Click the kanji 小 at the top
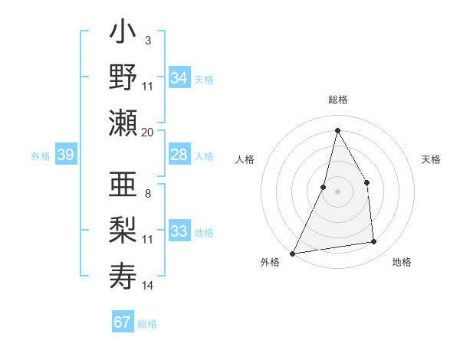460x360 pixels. click(123, 35)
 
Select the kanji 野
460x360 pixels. click(123, 79)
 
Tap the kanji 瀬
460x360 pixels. click(123, 123)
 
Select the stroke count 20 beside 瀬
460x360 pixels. click(147, 133)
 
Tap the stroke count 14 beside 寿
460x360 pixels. click(147, 286)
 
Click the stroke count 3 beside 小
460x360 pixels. click(147, 40)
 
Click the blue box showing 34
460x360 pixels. click(179, 78)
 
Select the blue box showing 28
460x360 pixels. click(179, 155)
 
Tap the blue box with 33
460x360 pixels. click(179, 231)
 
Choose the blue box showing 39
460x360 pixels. click(65, 155)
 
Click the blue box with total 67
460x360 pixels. click(123, 322)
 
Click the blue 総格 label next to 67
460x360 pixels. click(147, 324)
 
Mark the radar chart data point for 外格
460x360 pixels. click(293, 253)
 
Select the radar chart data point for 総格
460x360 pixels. click(337, 130)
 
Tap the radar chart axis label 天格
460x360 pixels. click(432, 159)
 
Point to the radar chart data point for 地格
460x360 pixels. click(374, 242)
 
